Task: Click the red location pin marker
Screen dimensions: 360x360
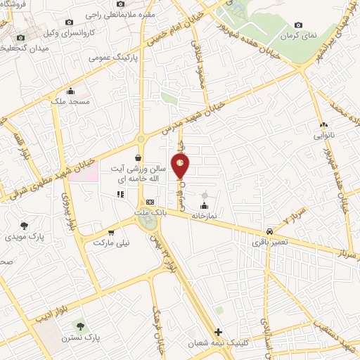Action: [181, 165]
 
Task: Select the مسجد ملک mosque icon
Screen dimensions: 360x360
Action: [70, 91]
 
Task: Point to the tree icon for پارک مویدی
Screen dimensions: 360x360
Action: [25, 226]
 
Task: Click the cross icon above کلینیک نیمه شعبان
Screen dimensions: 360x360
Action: [219, 332]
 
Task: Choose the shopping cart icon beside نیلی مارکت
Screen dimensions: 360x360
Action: [111, 231]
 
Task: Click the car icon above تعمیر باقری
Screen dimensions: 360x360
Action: [270, 231]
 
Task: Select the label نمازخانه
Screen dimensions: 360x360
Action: [204, 216]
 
